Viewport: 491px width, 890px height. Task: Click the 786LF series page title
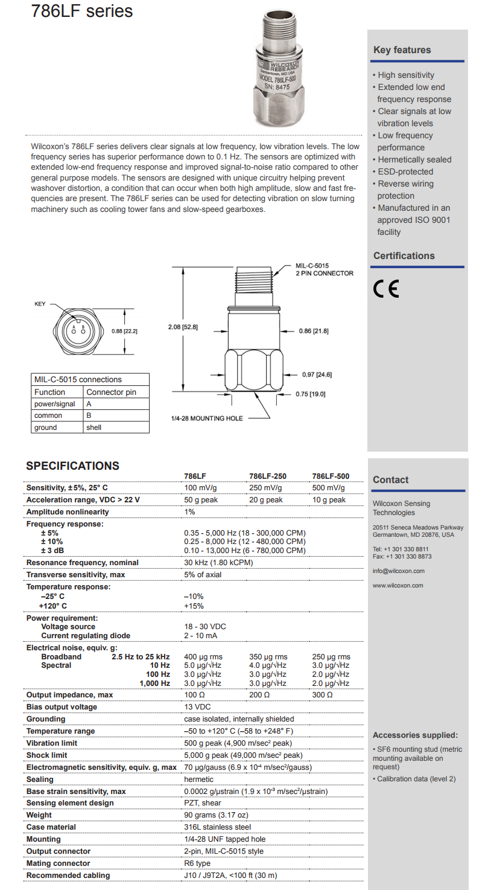pyautogui.click(x=82, y=11)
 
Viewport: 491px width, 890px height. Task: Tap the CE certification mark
pyautogui.click(x=386, y=290)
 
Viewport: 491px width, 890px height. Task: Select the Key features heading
pyautogui.click(x=402, y=50)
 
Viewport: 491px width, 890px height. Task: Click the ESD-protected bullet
pyautogui.click(x=405, y=171)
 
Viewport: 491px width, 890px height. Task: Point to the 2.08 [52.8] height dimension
pyautogui.click(x=183, y=327)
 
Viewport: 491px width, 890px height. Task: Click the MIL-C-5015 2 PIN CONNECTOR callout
pyautogui.click(x=324, y=269)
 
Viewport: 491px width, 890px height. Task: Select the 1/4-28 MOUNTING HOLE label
pyautogui.click(x=206, y=418)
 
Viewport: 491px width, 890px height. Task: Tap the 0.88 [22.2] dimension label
pyautogui.click(x=124, y=331)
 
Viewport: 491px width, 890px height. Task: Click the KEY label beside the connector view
pyautogui.click(x=40, y=304)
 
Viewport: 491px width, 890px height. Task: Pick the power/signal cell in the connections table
pyautogui.click(x=55, y=404)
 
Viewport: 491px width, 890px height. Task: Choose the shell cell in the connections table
pyautogui.click(x=94, y=427)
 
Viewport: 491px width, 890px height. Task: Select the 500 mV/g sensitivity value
pyautogui.click(x=329, y=488)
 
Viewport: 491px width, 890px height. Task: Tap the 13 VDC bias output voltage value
pyautogui.click(x=197, y=707)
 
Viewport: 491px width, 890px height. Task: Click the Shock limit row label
pyautogui.click(x=46, y=755)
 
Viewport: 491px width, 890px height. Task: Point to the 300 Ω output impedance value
pyautogui.click(x=323, y=695)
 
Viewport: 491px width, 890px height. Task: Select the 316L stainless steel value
pyautogui.click(x=218, y=827)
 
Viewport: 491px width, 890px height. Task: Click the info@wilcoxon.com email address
pyautogui.click(x=399, y=571)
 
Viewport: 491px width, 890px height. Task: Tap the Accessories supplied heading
pyautogui.click(x=415, y=735)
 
